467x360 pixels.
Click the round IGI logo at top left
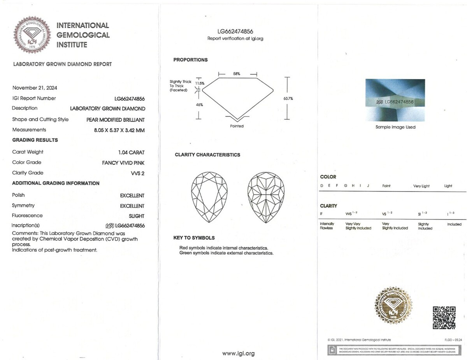pyautogui.click(x=32, y=35)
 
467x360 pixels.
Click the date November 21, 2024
pyautogui.click(x=35, y=88)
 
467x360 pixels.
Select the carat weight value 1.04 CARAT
pyautogui.click(x=131, y=152)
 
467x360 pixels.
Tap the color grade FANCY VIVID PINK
pyautogui.click(x=123, y=163)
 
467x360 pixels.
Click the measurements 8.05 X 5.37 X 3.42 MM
pyautogui.click(x=116, y=130)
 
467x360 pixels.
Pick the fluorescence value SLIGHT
pyautogui.click(x=137, y=216)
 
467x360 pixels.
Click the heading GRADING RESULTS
pyautogui.click(x=35, y=140)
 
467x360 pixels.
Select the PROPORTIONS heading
pyautogui.click(x=190, y=60)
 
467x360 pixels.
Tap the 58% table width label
pyautogui.click(x=237, y=73)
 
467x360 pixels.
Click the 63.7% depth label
pyautogui.click(x=288, y=98)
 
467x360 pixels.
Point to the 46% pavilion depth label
pyautogui.click(x=199, y=105)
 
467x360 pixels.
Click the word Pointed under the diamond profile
pyautogui.click(x=237, y=126)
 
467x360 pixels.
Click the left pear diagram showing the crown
pyautogui.click(x=209, y=197)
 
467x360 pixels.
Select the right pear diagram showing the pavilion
pyautogui.click(x=266, y=197)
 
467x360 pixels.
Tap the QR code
pyautogui.click(x=444, y=317)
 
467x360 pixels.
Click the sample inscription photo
pyautogui.click(x=395, y=100)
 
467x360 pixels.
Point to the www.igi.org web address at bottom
pyautogui.click(x=238, y=353)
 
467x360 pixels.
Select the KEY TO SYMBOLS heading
pyautogui.click(x=194, y=238)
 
